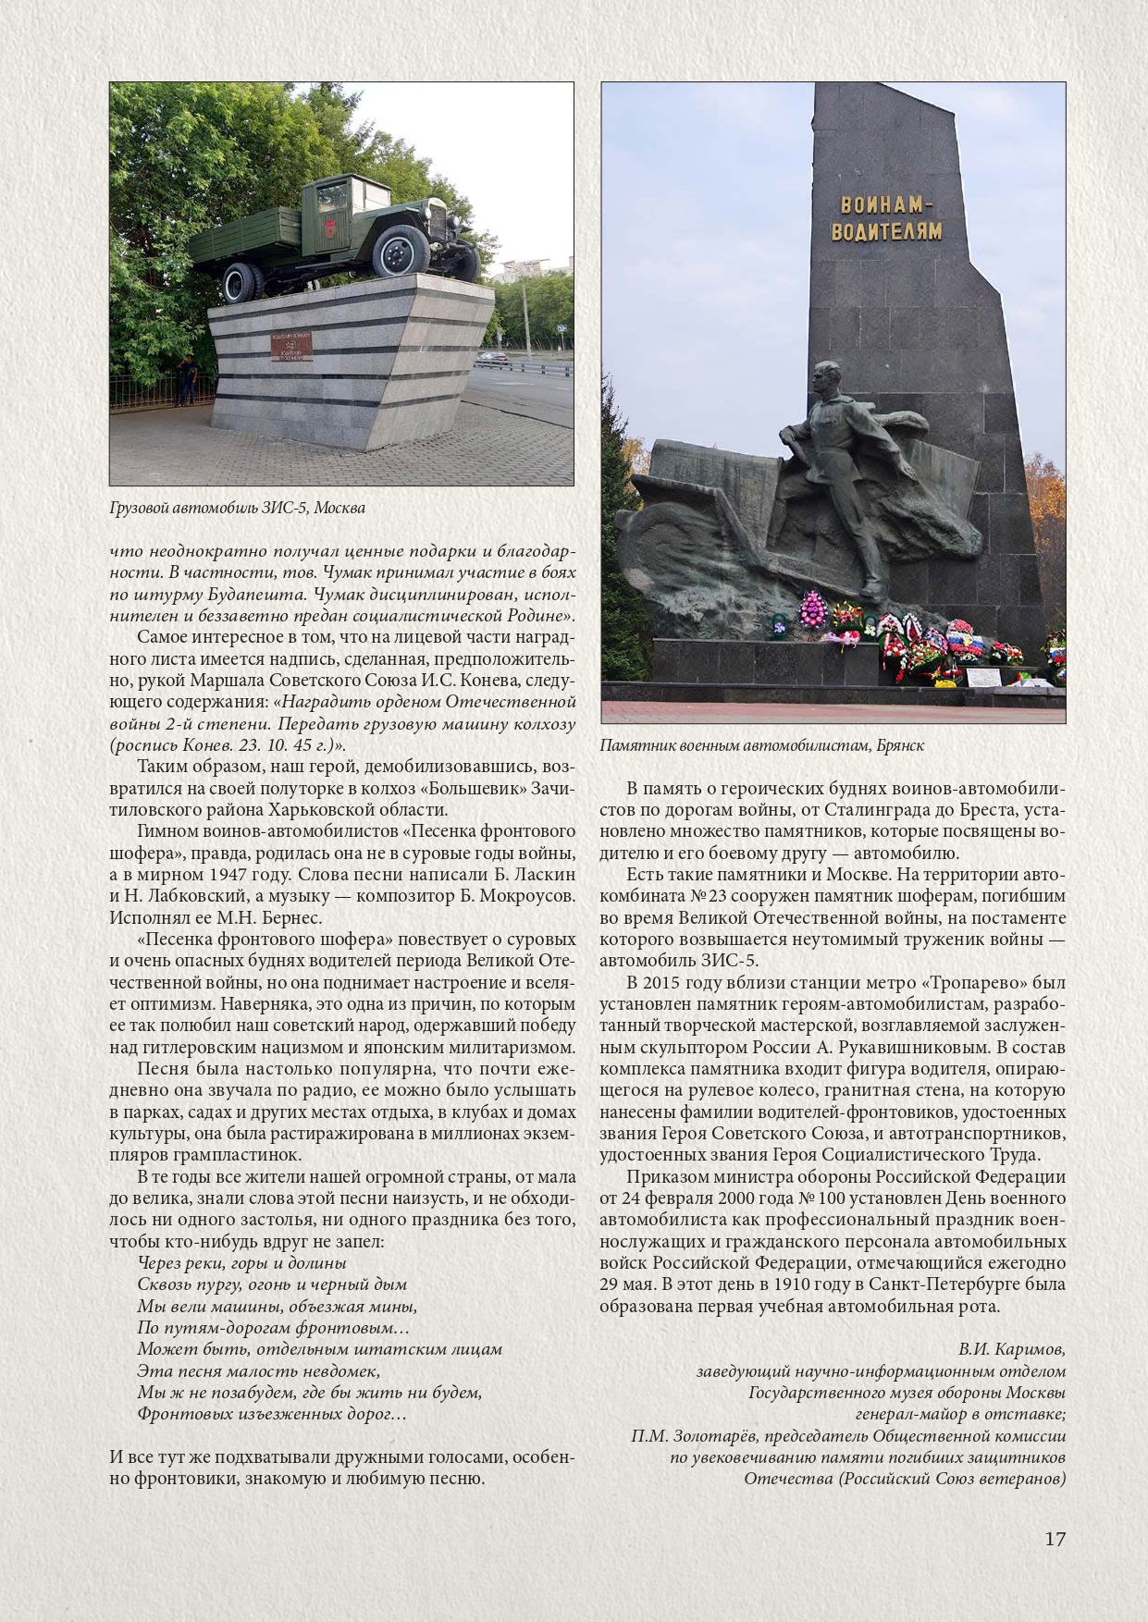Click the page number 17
pos(1055,1539)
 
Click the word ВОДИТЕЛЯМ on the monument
pos(885,230)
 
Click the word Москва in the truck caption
pos(339,508)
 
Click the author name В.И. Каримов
pos(1011,1349)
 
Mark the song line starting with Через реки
pos(241,1263)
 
